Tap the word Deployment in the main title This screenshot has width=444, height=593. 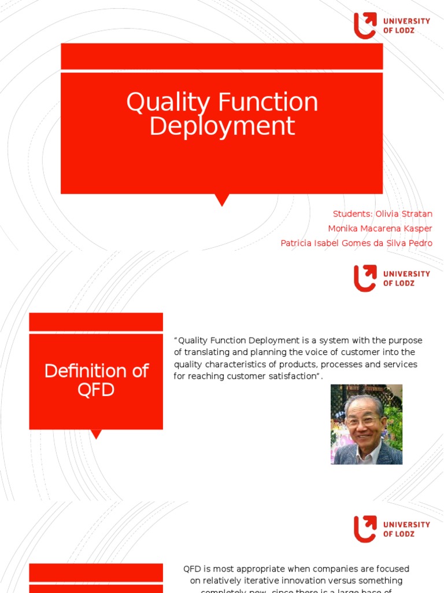222,126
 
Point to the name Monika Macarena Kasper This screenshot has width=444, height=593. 380,229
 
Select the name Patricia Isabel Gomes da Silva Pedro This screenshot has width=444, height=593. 356,243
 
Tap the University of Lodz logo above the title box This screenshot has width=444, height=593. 391,26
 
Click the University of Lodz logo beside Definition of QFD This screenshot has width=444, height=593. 391,279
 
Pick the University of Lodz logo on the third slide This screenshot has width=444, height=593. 391,529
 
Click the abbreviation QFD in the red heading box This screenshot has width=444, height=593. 96,390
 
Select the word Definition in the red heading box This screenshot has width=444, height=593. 82,371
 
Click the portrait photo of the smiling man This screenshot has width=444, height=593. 367,424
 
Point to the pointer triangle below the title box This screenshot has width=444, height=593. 221,200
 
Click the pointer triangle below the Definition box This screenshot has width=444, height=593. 97,434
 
